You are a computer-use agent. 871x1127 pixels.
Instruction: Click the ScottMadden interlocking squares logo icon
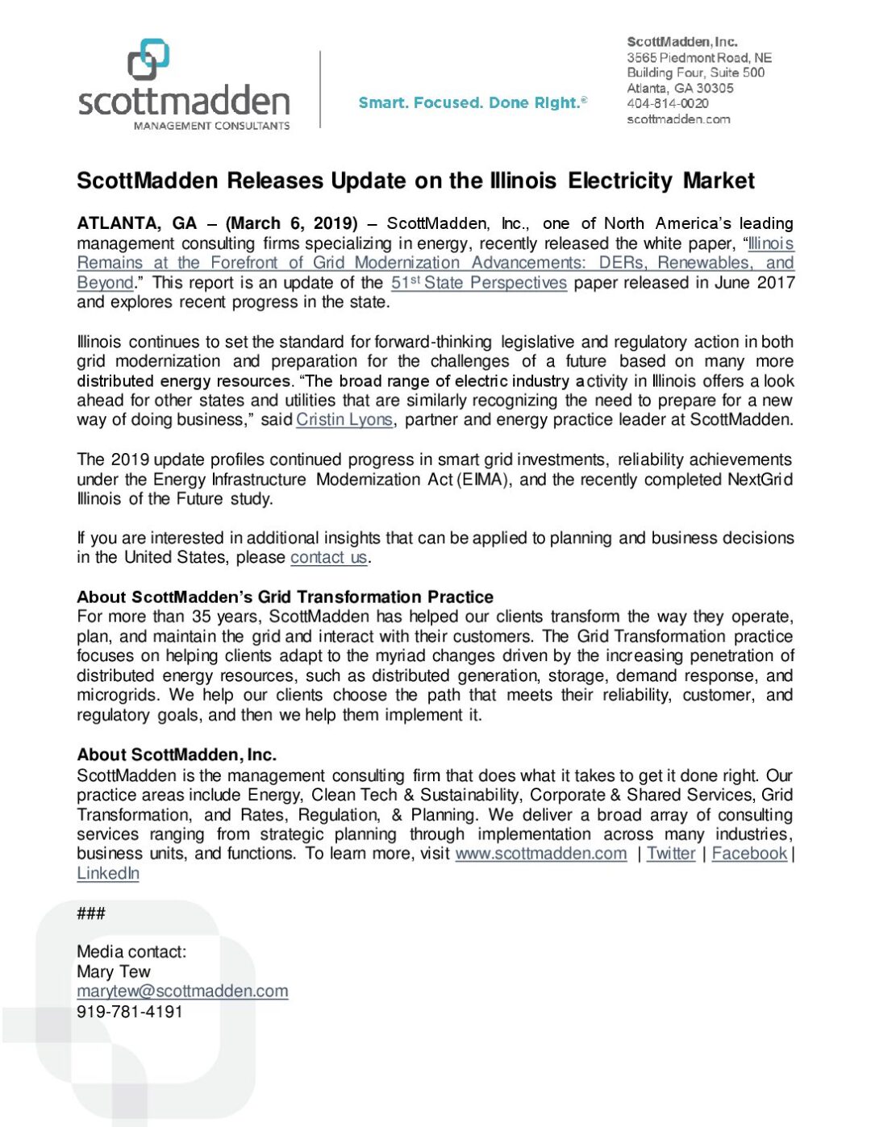click(x=148, y=60)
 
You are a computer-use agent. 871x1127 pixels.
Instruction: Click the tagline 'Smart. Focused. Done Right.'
click(x=473, y=102)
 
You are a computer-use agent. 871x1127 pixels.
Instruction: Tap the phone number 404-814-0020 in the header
click(x=668, y=103)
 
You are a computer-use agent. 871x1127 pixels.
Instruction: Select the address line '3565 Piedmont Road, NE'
click(x=699, y=57)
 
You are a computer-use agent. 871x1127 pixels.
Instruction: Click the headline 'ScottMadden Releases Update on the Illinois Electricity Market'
click(x=415, y=181)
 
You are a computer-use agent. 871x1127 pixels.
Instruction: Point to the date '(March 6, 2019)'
click(x=291, y=223)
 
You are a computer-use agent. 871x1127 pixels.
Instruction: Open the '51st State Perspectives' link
click(x=479, y=283)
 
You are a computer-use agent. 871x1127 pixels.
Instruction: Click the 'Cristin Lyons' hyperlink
click(x=344, y=420)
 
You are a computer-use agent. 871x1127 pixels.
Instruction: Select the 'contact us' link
click(x=329, y=558)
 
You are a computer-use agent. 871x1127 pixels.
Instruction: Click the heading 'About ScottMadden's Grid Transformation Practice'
click(x=285, y=597)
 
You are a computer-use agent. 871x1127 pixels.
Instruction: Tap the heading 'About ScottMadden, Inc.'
click(x=177, y=755)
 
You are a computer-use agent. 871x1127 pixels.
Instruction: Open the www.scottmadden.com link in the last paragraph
click(x=540, y=854)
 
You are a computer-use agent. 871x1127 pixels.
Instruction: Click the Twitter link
click(x=671, y=854)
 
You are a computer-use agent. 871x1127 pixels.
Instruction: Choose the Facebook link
click(x=749, y=854)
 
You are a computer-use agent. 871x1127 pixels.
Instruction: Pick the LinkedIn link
click(x=108, y=874)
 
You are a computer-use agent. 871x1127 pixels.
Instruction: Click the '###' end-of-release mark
click(x=91, y=913)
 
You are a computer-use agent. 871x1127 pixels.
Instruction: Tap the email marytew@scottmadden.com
click(x=182, y=992)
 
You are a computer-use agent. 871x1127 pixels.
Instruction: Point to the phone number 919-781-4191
click(x=130, y=1012)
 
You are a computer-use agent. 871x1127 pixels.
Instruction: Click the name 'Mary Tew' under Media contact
click(x=114, y=972)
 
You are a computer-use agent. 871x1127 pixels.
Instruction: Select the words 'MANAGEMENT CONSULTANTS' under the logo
click(x=211, y=126)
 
